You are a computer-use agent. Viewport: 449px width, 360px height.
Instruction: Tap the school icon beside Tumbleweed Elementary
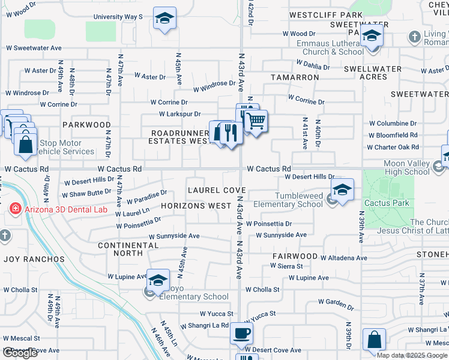pyautogui.click(x=342, y=191)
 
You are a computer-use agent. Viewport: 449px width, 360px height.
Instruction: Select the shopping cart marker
pyautogui.click(x=256, y=121)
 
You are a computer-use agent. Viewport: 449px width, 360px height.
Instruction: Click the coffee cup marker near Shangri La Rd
pyautogui.click(x=241, y=333)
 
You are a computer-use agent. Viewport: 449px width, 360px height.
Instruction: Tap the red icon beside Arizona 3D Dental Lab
pyautogui.click(x=15, y=209)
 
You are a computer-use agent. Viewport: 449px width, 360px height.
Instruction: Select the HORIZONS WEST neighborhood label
pyautogui.click(x=196, y=205)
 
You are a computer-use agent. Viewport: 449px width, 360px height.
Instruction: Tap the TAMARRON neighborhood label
pyautogui.click(x=294, y=77)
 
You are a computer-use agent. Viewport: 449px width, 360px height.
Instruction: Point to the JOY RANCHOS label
pyautogui.click(x=34, y=259)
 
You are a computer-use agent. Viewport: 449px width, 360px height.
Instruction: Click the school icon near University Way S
pyautogui.click(x=164, y=19)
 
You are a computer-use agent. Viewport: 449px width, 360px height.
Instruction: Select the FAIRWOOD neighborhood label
pyautogui.click(x=294, y=256)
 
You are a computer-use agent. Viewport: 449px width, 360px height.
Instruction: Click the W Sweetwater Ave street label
pyautogui.click(x=34, y=46)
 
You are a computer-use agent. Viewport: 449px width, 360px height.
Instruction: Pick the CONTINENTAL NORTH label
pyautogui.click(x=128, y=250)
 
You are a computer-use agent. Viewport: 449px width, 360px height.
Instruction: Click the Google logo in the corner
pyautogui.click(x=20, y=353)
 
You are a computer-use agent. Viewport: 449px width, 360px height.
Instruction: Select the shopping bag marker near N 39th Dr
pyautogui.click(x=374, y=340)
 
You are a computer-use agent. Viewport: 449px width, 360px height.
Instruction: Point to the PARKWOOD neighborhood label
pyautogui.click(x=87, y=125)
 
